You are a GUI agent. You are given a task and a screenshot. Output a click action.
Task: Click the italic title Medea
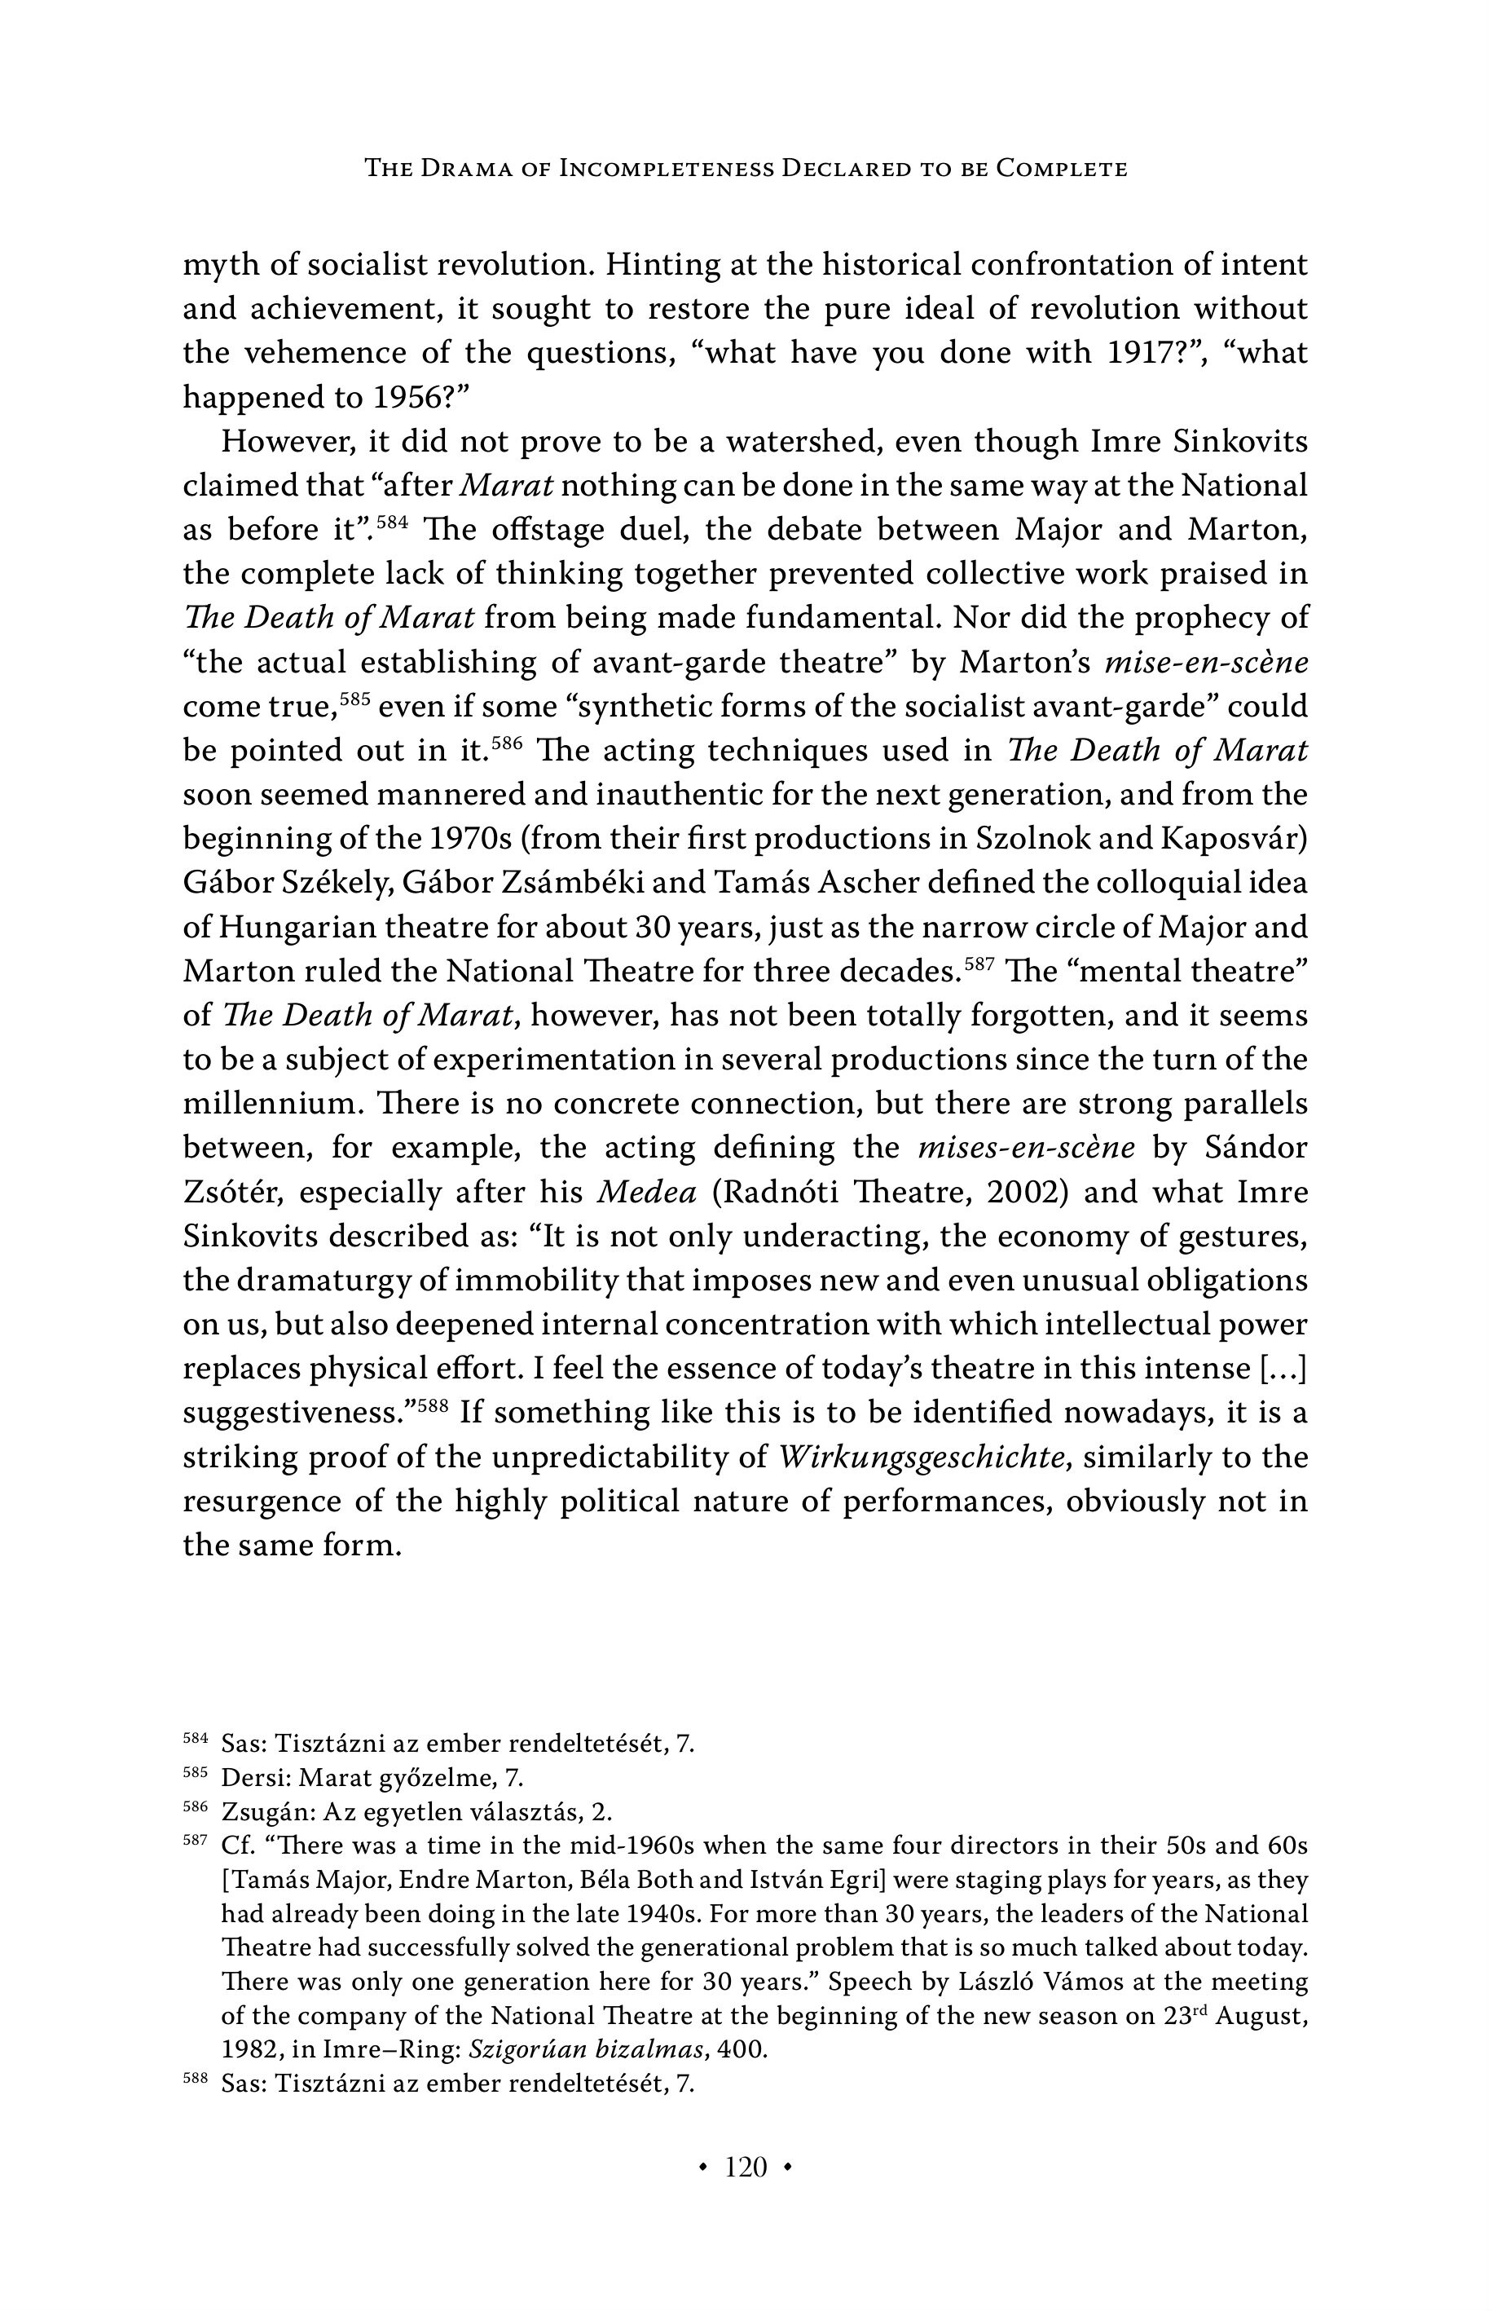(x=646, y=1193)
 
